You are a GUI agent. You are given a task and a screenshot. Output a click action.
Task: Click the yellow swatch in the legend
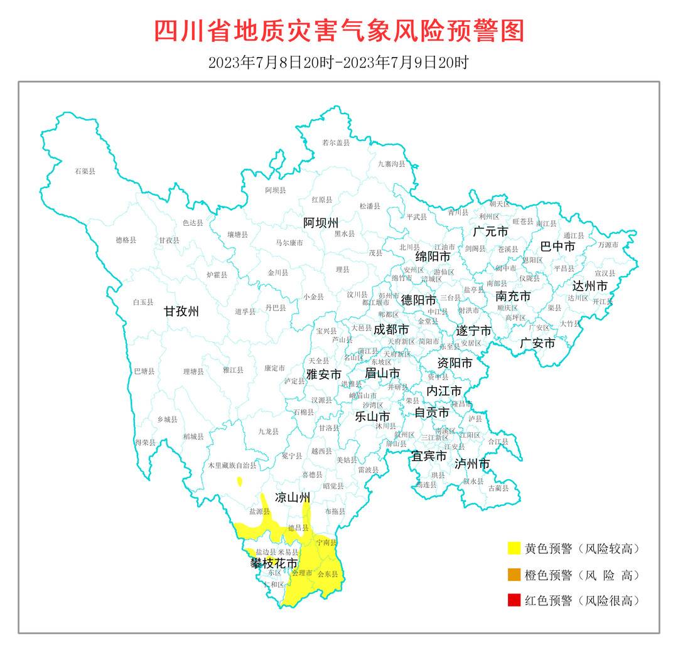515,549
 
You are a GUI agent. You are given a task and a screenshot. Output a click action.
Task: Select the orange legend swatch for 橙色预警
515,575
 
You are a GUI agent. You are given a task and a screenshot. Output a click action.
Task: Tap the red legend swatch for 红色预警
515,600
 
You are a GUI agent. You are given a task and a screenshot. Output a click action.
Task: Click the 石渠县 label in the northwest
85,171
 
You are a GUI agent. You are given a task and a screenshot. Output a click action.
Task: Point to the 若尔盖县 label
335,143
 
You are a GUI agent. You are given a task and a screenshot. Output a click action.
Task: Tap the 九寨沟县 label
392,164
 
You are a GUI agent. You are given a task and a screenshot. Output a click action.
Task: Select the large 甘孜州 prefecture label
181,312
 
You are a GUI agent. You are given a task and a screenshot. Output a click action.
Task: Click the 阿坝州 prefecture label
321,223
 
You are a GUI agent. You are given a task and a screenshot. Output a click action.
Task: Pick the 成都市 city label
391,329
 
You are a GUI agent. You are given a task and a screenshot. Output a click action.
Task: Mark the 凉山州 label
293,498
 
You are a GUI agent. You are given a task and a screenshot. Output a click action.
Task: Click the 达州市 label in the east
589,286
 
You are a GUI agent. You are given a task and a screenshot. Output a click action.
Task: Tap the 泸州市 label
472,464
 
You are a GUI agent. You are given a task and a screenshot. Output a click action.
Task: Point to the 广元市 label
491,232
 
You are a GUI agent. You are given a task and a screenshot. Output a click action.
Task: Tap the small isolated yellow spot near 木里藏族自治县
240,482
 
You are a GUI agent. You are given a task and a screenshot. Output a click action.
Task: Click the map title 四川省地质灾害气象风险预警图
339,31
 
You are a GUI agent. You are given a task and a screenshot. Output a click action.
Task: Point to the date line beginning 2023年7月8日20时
338,63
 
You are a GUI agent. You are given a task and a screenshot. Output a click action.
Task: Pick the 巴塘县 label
144,371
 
